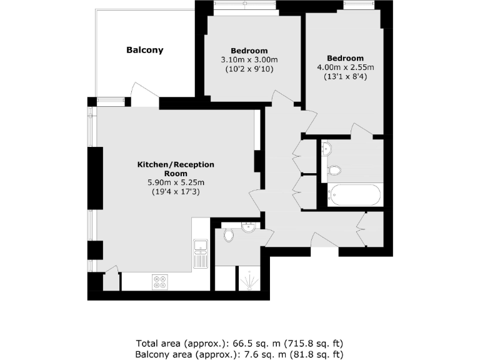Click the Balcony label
[144, 50]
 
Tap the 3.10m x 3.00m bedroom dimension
[249, 60]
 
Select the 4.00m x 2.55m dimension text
[346, 67]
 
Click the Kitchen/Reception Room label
[176, 169]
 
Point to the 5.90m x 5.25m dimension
[176, 182]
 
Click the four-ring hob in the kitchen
[159, 282]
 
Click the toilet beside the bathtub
[335, 169]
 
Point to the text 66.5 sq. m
[243, 343]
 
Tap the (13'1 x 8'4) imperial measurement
[346, 77]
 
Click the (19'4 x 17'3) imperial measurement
[176, 192]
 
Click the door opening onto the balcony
[138, 97]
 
